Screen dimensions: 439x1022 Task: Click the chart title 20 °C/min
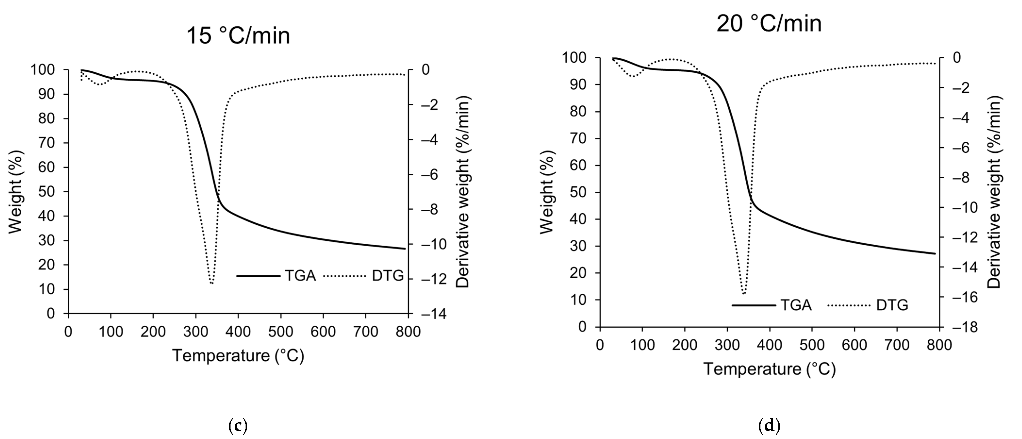coord(769,24)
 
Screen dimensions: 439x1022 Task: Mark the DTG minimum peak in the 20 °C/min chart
coord(743,293)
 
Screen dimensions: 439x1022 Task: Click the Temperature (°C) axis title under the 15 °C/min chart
coord(238,356)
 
